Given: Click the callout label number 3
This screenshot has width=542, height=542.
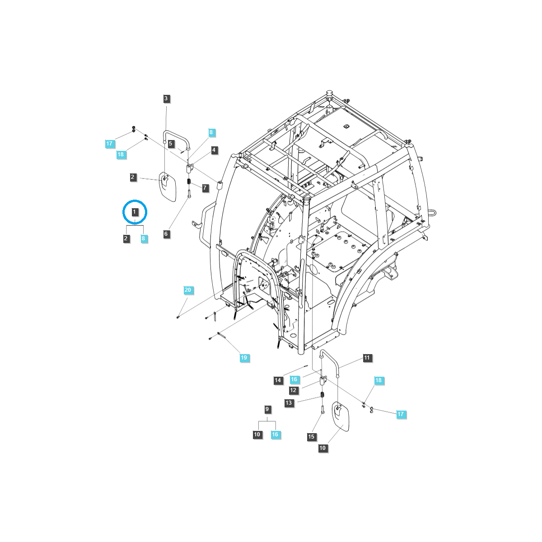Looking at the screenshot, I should (166, 98).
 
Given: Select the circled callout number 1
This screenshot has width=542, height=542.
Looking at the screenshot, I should (135, 212).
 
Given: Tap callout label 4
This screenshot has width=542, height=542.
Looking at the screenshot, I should (214, 150).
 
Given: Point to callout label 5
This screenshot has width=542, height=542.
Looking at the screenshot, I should (170, 144).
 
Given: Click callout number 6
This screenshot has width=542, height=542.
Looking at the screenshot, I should (166, 234).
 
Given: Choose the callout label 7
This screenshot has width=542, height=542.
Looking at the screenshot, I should (206, 187).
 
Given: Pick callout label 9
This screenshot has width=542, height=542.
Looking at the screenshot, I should (267, 409).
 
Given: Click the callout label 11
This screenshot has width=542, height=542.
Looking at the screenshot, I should (367, 358).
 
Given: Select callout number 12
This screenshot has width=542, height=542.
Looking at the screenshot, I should (293, 390).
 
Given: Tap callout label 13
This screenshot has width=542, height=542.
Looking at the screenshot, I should (289, 402).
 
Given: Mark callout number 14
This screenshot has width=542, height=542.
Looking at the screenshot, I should (278, 380).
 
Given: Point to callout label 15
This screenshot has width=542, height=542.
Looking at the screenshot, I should (311, 437).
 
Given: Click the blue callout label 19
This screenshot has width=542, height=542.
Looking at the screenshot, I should (244, 358).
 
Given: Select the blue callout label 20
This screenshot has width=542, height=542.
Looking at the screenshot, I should (188, 290).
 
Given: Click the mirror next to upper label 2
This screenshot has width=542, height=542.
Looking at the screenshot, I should (167, 187).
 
